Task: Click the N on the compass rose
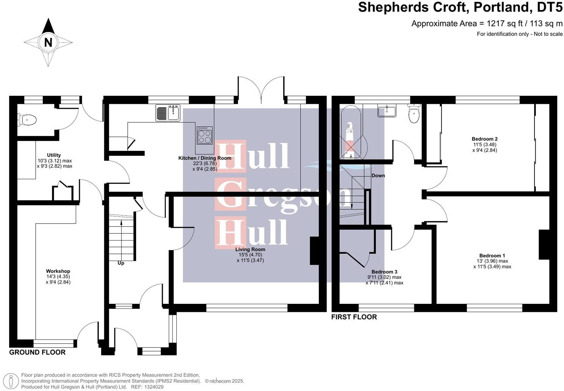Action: [48, 42]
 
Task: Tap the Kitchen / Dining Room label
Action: [205, 158]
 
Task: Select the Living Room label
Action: [250, 249]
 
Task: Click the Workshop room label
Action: [58, 271]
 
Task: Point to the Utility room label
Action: [54, 155]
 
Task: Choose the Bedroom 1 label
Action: [492, 256]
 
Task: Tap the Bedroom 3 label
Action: [384, 272]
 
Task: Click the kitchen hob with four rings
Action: [205, 135]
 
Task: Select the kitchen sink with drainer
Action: [168, 113]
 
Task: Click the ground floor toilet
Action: [27, 120]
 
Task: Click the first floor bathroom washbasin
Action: [386, 111]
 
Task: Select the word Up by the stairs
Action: [121, 263]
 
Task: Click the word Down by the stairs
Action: [378, 175]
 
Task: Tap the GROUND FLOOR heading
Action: [37, 352]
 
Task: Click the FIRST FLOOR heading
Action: [354, 317]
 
